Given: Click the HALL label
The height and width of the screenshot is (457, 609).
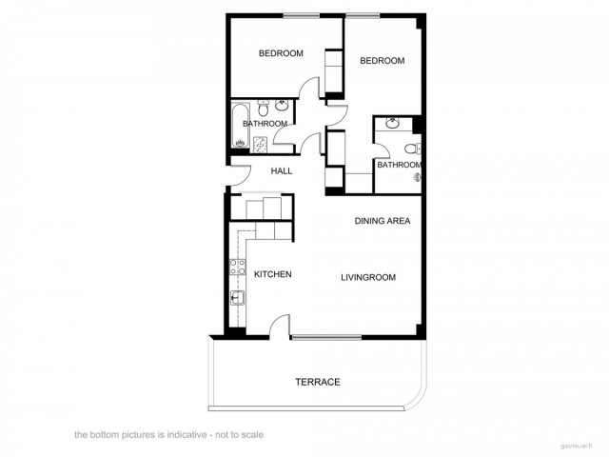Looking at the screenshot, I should pyautogui.click(x=282, y=171).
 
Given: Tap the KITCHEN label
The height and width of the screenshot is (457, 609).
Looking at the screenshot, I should pyautogui.click(x=272, y=274).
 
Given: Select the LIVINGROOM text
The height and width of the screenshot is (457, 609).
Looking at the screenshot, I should pyautogui.click(x=368, y=278).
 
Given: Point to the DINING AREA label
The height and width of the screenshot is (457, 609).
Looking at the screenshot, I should pyautogui.click(x=383, y=221).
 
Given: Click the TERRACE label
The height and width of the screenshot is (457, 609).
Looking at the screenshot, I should pyautogui.click(x=317, y=382).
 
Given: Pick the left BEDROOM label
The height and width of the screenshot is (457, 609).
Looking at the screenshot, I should pyautogui.click(x=281, y=53).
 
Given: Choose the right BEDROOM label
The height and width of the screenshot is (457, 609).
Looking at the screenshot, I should pyautogui.click(x=382, y=61).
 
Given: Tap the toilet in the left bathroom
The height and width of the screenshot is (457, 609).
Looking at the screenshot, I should pyautogui.click(x=285, y=108).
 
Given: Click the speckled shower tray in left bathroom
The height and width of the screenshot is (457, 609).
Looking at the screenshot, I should pyautogui.click(x=260, y=142).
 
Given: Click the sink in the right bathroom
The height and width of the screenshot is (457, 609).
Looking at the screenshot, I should pyautogui.click(x=393, y=124).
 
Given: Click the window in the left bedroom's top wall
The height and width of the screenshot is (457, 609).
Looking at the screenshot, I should pyautogui.click(x=300, y=14).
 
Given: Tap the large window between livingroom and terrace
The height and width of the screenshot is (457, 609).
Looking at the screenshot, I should pyautogui.click(x=325, y=337).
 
